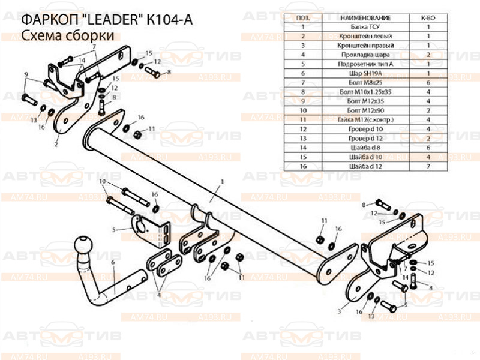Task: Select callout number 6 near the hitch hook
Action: click(112, 263)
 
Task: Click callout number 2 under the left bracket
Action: click(56, 144)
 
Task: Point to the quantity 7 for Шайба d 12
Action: click(428, 165)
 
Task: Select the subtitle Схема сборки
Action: click(68, 37)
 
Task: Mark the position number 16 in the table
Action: click(304, 165)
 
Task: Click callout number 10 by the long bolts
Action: click(103, 181)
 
